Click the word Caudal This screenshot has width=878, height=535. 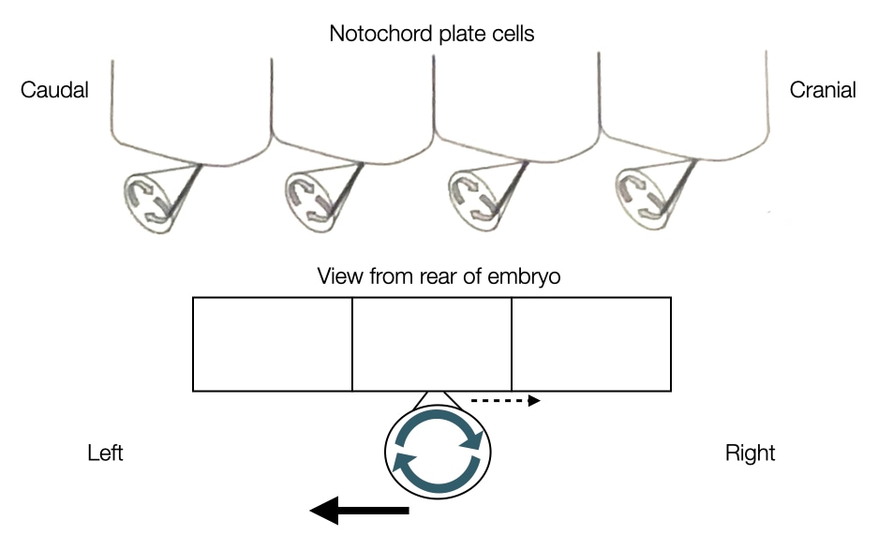[x=54, y=91]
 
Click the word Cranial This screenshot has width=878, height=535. [x=823, y=91]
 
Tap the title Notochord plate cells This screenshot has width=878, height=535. [x=432, y=35]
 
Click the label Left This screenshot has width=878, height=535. [x=105, y=453]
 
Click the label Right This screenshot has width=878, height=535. [x=750, y=453]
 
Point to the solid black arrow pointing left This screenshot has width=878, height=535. [x=360, y=511]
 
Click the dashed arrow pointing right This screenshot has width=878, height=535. [x=505, y=401]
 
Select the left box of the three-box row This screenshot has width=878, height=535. [x=272, y=344]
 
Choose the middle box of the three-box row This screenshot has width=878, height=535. [x=432, y=344]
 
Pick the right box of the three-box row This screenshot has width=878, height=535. [x=591, y=344]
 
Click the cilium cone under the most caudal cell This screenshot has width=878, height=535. [x=153, y=197]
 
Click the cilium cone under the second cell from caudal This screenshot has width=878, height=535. [x=313, y=197]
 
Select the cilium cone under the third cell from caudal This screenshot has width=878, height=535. [x=476, y=197]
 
